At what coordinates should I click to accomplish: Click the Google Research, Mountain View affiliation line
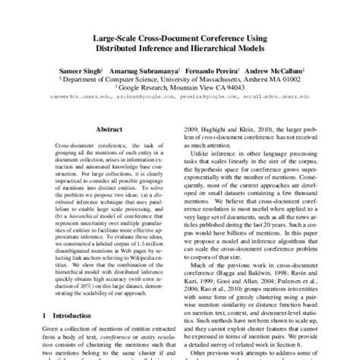click(179, 86)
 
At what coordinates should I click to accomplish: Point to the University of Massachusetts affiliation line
click(180, 76)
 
